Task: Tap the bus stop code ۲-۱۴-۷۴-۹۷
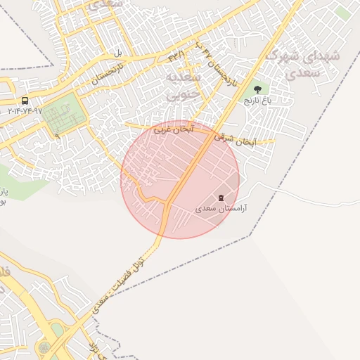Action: coord(25,111)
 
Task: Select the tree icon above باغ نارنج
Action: coord(257,89)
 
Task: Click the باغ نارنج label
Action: coord(257,101)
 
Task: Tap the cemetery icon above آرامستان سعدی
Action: coord(221,198)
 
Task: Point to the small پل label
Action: coord(117,53)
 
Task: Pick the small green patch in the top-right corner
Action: coord(342,13)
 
